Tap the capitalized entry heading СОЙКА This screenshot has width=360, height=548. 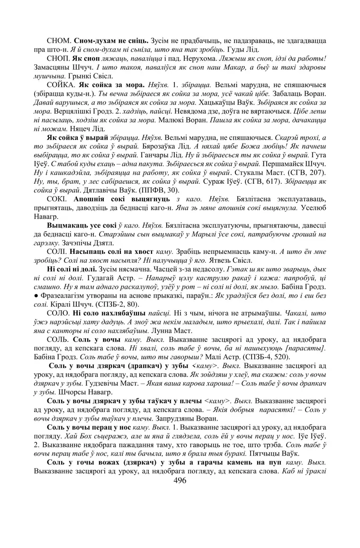tap(62, 85)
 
